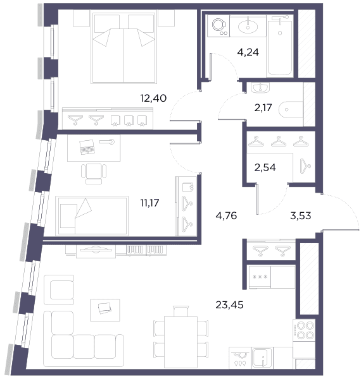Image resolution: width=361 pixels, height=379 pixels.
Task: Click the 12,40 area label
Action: tap(153, 99)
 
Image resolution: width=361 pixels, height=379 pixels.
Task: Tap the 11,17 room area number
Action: tap(149, 203)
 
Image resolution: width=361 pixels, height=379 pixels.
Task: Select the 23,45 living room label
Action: tap(229, 305)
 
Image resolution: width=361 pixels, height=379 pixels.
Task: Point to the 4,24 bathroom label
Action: tap(248, 52)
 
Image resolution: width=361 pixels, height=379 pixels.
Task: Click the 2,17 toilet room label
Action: tap(263, 108)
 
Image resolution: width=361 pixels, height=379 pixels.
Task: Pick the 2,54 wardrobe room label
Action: tap(265, 167)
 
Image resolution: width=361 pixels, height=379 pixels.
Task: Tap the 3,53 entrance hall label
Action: tap(300, 215)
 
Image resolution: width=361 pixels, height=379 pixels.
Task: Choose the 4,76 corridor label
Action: tap(226, 215)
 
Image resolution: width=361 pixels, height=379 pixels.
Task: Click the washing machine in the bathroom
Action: tap(218, 26)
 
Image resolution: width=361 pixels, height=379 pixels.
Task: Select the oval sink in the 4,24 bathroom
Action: tap(248, 26)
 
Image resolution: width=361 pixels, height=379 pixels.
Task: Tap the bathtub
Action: tap(279, 46)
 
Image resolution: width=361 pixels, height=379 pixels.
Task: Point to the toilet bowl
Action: tap(291, 110)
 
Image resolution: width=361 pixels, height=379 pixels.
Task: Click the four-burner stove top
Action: tap(304, 330)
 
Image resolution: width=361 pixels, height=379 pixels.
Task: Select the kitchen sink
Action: tap(262, 358)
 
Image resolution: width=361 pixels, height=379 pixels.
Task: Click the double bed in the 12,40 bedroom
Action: tap(123, 47)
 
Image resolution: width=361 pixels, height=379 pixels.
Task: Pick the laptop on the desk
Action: tap(87, 147)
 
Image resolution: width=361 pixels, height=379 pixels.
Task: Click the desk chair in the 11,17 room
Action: tap(94, 174)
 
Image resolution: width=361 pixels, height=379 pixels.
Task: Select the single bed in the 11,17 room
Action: tap(92, 216)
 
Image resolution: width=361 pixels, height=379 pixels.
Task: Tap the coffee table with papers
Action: tap(105, 310)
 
